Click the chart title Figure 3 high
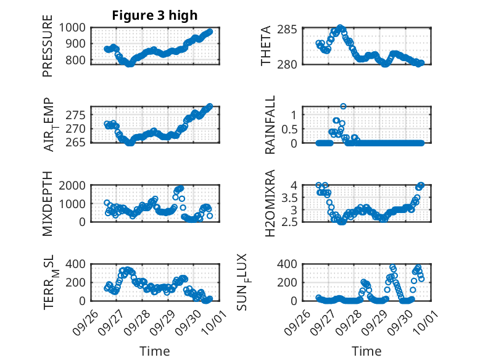point(154,15)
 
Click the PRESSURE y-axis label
point(48,50)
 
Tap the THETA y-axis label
point(266,46)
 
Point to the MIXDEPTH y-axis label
point(48,204)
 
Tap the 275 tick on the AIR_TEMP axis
point(78,115)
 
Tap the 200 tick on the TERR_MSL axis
point(78,282)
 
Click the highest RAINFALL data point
point(343,106)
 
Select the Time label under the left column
point(154,351)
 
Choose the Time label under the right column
point(366,351)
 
